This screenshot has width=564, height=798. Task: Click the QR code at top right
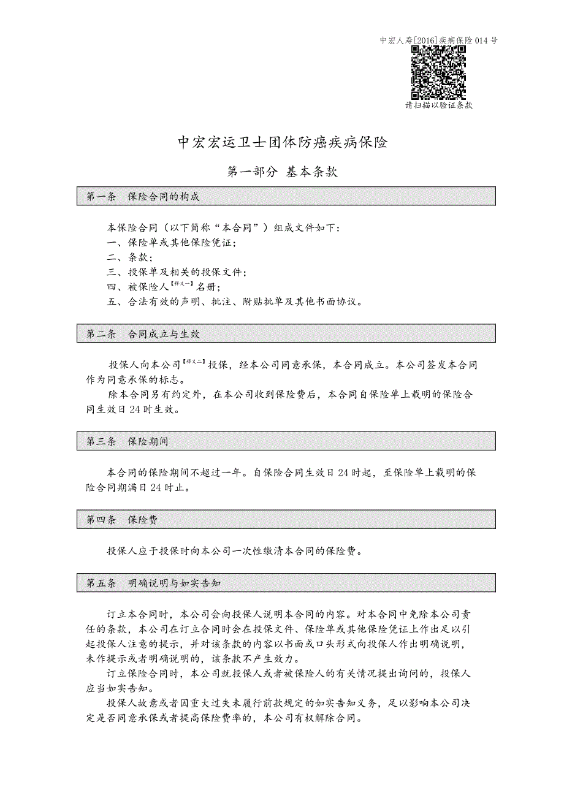(438, 72)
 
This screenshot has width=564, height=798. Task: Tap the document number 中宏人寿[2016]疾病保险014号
(438, 41)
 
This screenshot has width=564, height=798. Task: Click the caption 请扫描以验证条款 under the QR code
(439, 105)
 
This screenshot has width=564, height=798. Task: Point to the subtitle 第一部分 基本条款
(283, 172)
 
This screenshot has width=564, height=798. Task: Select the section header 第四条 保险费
(123, 520)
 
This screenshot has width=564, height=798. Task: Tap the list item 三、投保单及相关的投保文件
(177, 272)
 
